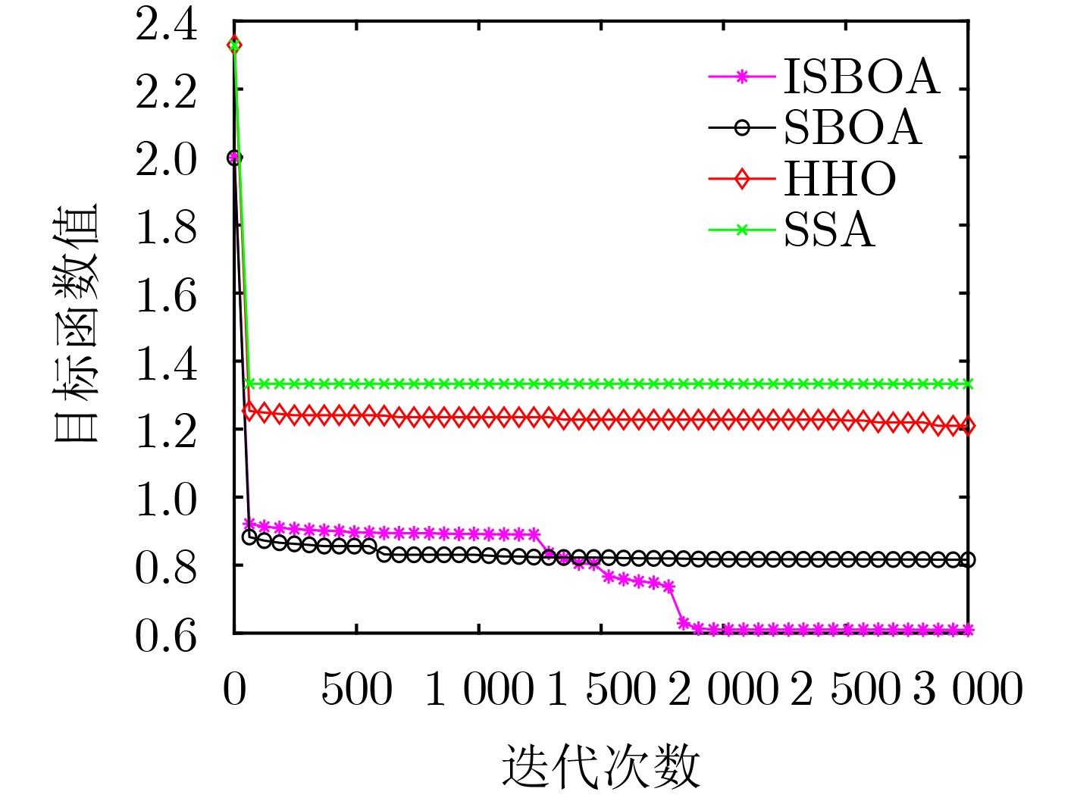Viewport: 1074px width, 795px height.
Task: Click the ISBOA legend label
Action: [x=861, y=77]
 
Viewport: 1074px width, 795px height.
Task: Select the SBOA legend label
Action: [x=852, y=128]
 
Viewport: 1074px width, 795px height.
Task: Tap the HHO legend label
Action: [x=840, y=179]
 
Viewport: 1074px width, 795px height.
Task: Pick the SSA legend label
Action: [x=828, y=230]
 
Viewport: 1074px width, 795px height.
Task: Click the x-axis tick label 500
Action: [x=356, y=690]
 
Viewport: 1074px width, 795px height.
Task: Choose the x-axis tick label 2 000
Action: [x=723, y=690]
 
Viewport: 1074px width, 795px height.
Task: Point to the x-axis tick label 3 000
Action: [x=968, y=690]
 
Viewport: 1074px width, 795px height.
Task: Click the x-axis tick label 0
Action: [x=234, y=690]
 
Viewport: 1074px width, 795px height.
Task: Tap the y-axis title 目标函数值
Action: [x=77, y=322]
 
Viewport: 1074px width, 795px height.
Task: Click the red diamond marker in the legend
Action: [x=741, y=179]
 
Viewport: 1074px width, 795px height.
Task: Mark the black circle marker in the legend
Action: [x=741, y=128]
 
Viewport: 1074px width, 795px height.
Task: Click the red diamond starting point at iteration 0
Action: [x=234, y=45]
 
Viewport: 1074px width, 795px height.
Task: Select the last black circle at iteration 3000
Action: [x=968, y=560]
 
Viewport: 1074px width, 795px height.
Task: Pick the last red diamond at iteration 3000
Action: [x=968, y=427]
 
